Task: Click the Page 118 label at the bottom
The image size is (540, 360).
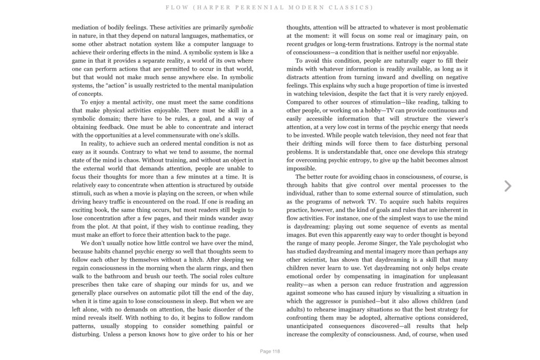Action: point(270,351)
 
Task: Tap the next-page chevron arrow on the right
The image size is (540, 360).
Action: point(508,186)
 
